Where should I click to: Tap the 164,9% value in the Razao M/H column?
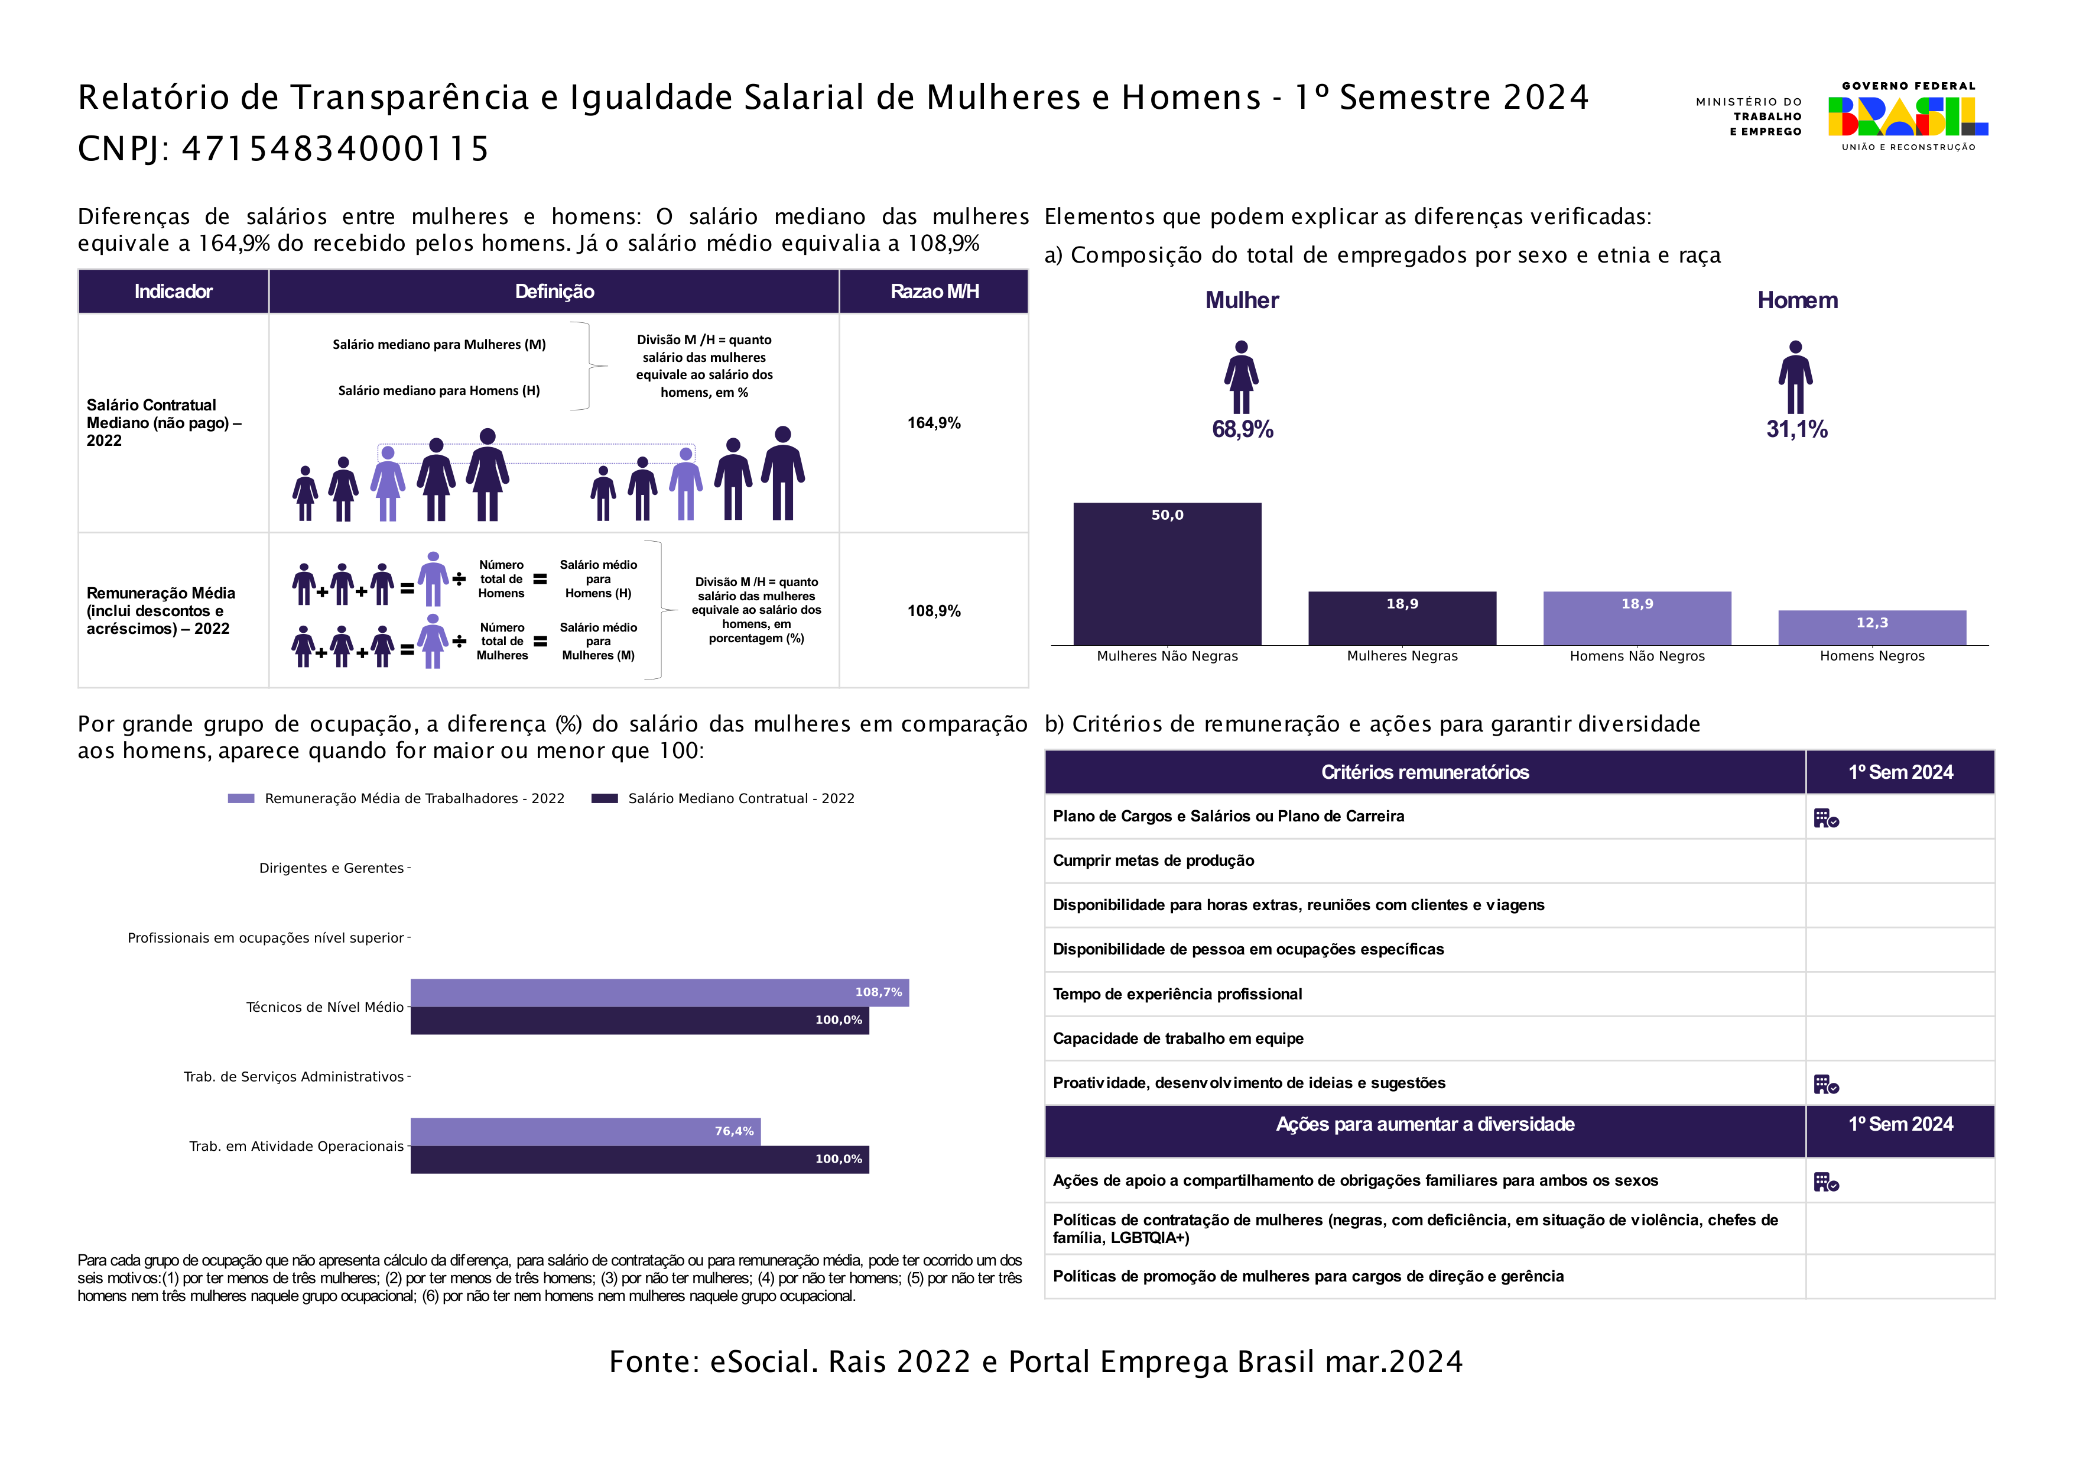tap(934, 423)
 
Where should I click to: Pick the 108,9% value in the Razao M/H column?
tap(934, 611)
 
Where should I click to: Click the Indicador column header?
tap(173, 291)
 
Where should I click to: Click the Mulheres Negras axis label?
tap(1402, 656)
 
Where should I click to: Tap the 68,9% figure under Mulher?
tap(1242, 429)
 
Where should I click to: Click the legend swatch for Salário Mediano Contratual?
tap(604, 798)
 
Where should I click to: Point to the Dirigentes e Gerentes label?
tap(332, 868)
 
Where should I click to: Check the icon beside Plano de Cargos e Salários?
tap(1825, 818)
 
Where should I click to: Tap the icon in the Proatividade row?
tap(1825, 1084)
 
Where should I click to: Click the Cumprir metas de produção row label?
tap(1153, 861)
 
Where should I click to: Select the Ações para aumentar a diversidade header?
tap(1425, 1125)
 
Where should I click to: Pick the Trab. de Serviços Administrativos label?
tap(294, 1077)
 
